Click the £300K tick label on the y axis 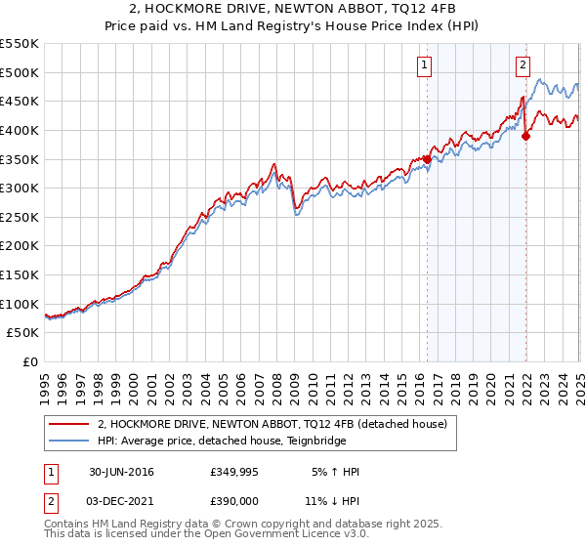click(20, 188)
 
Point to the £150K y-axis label click(20, 274)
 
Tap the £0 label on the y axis click(31, 361)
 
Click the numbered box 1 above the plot click(426, 65)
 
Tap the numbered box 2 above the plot click(523, 65)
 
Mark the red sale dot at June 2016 click(427, 159)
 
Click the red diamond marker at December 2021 click(525, 136)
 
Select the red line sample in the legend click(68, 424)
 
